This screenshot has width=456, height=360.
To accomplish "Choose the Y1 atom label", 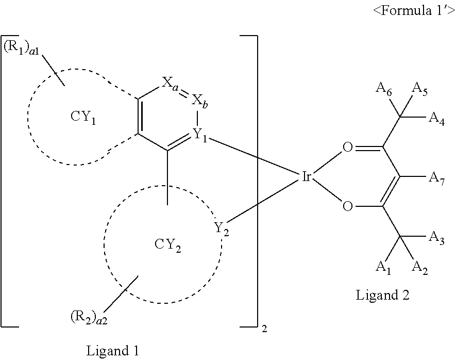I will [x=201, y=135].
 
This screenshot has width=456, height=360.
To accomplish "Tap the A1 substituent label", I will [x=382, y=267].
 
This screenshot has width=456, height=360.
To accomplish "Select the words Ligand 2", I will [x=382, y=296].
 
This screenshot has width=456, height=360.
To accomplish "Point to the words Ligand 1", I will [x=112, y=351].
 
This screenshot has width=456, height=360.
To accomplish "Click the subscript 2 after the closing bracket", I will [x=264, y=328].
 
